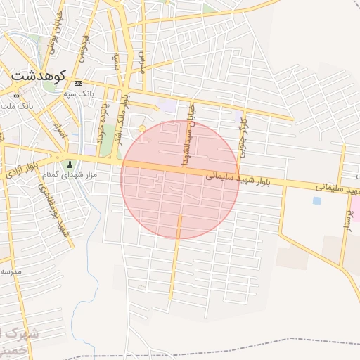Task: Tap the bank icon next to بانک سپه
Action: coord(77,83)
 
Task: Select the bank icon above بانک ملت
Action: coord(16,96)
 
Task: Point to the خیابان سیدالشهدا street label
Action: coord(188,134)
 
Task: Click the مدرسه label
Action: coord(12,271)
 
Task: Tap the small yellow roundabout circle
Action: coord(143,128)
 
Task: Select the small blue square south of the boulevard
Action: coord(316,200)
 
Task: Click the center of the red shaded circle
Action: coord(180,179)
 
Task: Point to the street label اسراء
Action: coord(60,131)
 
